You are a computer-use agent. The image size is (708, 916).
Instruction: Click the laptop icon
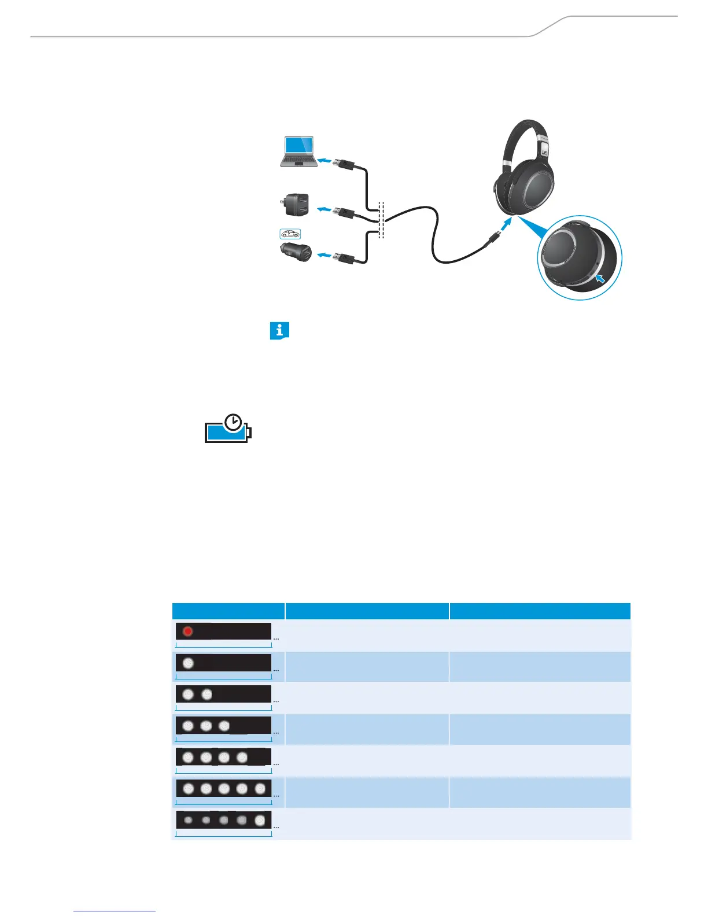tap(298, 152)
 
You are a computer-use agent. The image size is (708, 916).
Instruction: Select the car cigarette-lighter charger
tap(296, 252)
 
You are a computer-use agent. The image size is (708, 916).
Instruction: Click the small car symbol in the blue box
tap(290, 234)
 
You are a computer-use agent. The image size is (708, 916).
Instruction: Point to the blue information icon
tap(279, 331)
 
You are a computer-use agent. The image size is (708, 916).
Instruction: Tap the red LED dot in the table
tap(187, 631)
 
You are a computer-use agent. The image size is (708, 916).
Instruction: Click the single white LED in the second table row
tap(188, 663)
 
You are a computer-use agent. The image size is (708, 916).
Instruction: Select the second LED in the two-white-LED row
tap(207, 694)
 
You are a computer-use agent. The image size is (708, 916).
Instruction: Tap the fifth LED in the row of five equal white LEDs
tap(260, 788)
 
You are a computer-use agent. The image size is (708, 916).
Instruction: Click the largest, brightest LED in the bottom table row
tap(260, 820)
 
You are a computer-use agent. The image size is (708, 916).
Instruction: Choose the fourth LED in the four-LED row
tap(242, 757)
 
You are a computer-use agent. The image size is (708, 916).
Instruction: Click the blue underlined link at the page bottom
tap(115, 911)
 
